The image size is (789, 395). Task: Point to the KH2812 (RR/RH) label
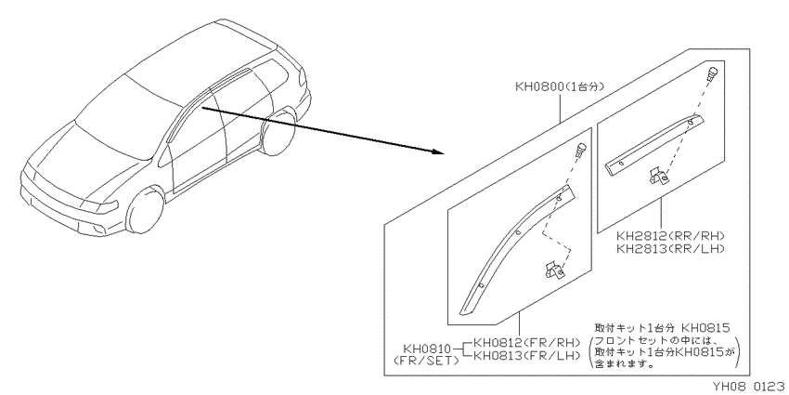[670, 236]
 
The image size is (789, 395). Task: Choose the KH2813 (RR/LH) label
[670, 248]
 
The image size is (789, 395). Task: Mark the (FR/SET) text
[427, 361]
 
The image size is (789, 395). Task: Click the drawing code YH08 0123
[749, 387]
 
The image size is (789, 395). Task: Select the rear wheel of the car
[278, 133]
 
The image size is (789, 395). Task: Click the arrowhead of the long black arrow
[437, 151]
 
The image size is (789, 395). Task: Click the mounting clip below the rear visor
[658, 178]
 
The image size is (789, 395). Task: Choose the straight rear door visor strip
[654, 145]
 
